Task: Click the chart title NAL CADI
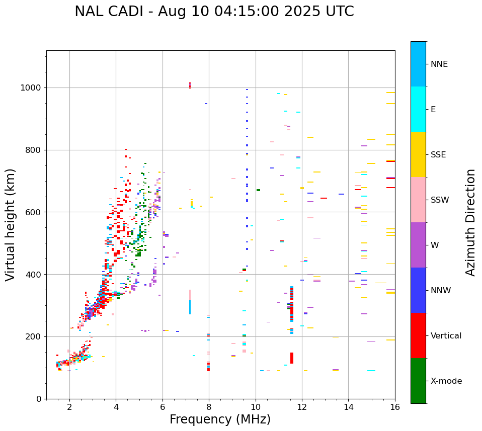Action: coord(214,12)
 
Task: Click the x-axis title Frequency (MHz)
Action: coord(220,419)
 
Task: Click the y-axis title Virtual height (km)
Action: coord(11,224)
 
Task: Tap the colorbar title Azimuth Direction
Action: coord(470,222)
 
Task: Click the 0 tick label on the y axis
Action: coord(38,399)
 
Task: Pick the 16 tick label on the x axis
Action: coord(395,407)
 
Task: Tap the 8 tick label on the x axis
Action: coord(209,407)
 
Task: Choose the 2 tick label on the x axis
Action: coord(69,407)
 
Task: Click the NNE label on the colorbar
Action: coord(439,64)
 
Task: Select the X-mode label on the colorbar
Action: coord(446,381)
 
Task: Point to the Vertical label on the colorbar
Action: coord(446,336)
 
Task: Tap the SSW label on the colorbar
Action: coord(439,200)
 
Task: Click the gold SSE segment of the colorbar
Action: coord(418,154)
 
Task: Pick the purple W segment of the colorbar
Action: coord(418,245)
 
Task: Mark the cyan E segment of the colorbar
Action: coord(418,109)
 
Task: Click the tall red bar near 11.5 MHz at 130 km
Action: coord(292,358)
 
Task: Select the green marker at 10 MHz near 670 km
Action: coord(258,190)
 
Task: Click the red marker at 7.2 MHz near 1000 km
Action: coord(190,86)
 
